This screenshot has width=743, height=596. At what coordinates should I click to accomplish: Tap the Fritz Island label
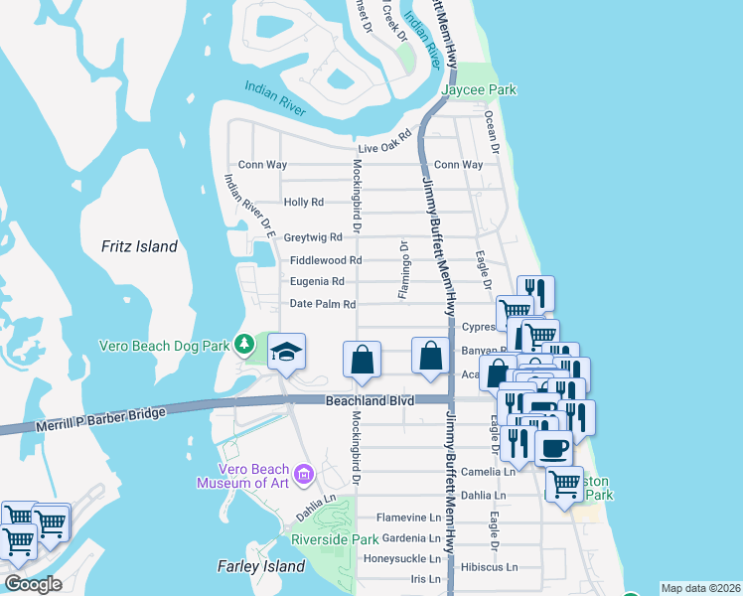point(140,246)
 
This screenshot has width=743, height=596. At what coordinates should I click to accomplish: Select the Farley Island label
point(260,566)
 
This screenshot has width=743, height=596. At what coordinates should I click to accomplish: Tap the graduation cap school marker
point(286,353)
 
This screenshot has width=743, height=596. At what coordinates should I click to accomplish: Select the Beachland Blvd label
point(370,401)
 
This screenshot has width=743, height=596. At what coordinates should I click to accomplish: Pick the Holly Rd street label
point(304,202)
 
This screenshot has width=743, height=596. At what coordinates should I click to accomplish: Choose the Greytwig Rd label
point(313,237)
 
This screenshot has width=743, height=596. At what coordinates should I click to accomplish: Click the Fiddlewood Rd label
point(326,260)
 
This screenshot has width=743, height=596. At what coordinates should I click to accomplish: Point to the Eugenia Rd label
point(317,282)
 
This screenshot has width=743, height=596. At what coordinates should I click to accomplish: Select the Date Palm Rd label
point(322,304)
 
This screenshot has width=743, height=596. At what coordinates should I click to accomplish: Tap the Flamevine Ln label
point(407,518)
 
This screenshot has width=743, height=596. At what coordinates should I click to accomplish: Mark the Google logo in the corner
point(32,584)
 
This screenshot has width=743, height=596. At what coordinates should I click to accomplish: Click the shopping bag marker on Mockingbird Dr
point(363,361)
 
